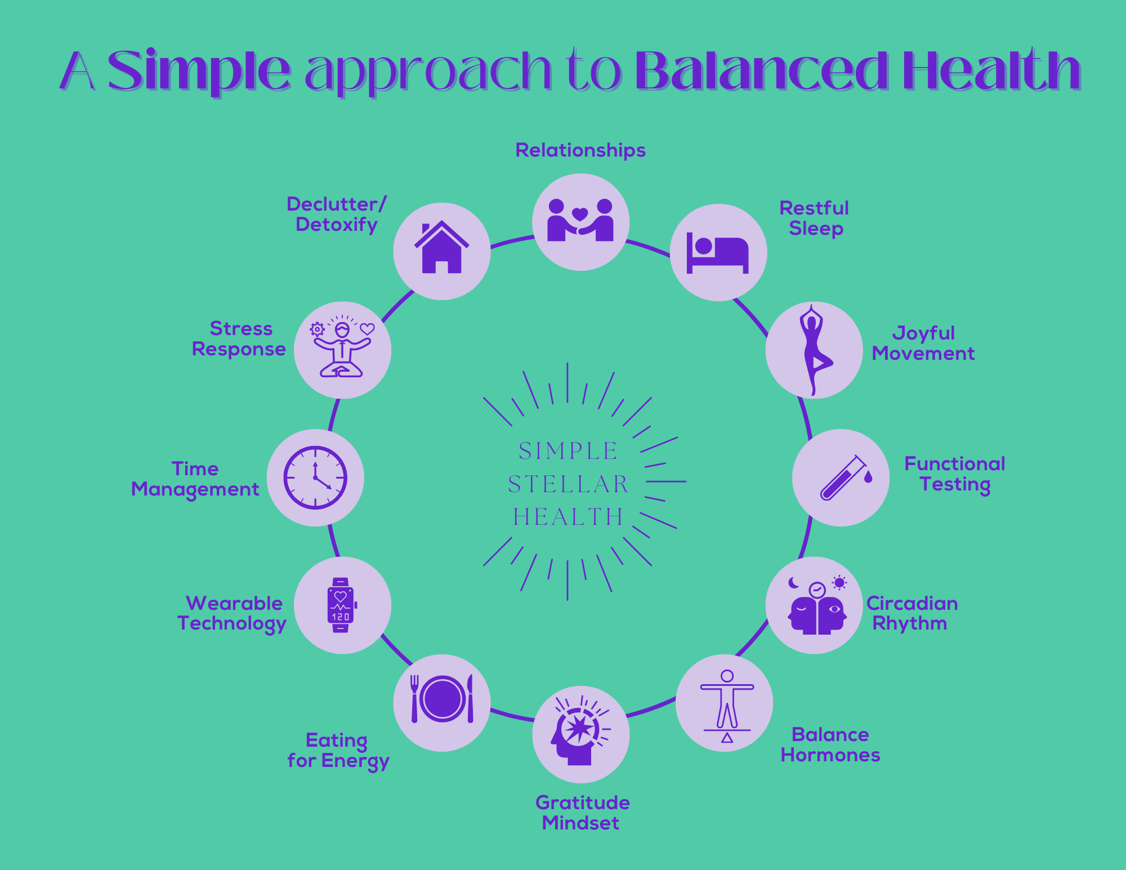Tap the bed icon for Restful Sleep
pyautogui.click(x=718, y=254)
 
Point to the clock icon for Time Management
pyautogui.click(x=315, y=478)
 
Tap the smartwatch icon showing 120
pyautogui.click(x=341, y=605)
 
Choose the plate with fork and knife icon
pyautogui.click(x=442, y=699)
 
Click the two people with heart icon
pyautogui.click(x=580, y=220)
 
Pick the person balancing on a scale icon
pyautogui.click(x=727, y=706)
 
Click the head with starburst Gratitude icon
pyautogui.click(x=580, y=731)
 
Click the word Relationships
pyautogui.click(x=580, y=150)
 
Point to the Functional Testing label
pyautogui.click(x=955, y=474)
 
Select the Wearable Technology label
pyautogui.click(x=232, y=614)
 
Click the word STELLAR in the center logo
pyautogui.click(x=568, y=484)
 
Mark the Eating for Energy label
pyautogui.click(x=338, y=751)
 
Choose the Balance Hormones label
pyautogui.click(x=830, y=744)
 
